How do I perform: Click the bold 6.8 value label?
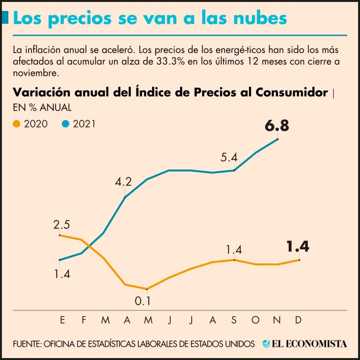pos(277,126)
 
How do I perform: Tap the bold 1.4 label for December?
pos(298,247)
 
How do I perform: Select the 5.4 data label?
pos(229,157)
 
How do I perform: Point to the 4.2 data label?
pos(123,181)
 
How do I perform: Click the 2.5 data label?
pos(62,225)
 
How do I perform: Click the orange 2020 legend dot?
pos(17,124)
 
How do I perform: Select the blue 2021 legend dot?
pos(66,124)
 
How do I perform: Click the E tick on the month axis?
pos(62,320)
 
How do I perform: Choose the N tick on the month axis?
pos(277,320)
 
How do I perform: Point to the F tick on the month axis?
pos(84,320)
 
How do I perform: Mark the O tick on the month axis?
pos(255,320)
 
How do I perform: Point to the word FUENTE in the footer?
pos(26,344)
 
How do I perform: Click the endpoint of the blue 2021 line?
pos(277,139)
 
